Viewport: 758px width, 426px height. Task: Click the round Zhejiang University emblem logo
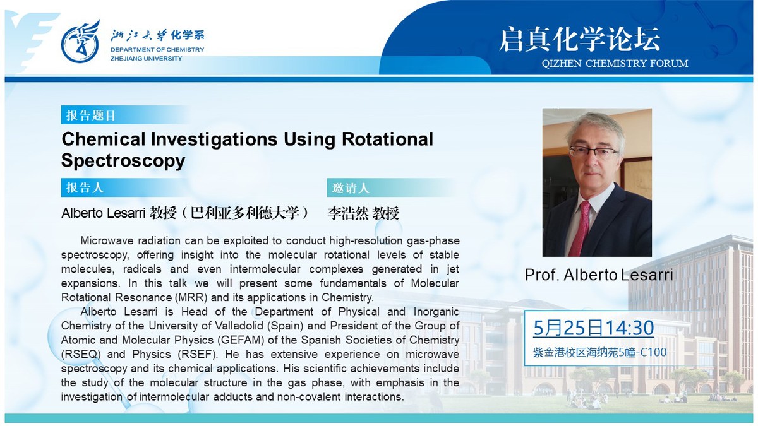[81, 42]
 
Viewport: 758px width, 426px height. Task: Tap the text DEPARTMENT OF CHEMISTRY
[157, 50]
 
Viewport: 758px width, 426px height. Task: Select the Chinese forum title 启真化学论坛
[580, 40]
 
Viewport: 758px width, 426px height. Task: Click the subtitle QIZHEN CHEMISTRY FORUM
[615, 63]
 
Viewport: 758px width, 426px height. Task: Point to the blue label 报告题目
[91, 115]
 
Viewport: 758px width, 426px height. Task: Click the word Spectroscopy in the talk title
[123, 160]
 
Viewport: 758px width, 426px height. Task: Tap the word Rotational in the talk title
[387, 139]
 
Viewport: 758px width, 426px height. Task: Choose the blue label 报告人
[85, 187]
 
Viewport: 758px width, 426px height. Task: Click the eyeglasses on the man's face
[594, 153]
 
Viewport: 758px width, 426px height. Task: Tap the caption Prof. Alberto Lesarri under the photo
[599, 275]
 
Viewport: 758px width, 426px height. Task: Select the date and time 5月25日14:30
[594, 328]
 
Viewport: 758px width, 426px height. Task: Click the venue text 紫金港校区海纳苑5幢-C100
[599, 352]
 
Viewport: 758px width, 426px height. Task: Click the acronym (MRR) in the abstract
[191, 297]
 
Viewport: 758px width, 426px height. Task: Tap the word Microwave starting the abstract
[106, 240]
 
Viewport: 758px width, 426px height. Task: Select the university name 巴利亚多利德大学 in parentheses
[245, 213]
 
